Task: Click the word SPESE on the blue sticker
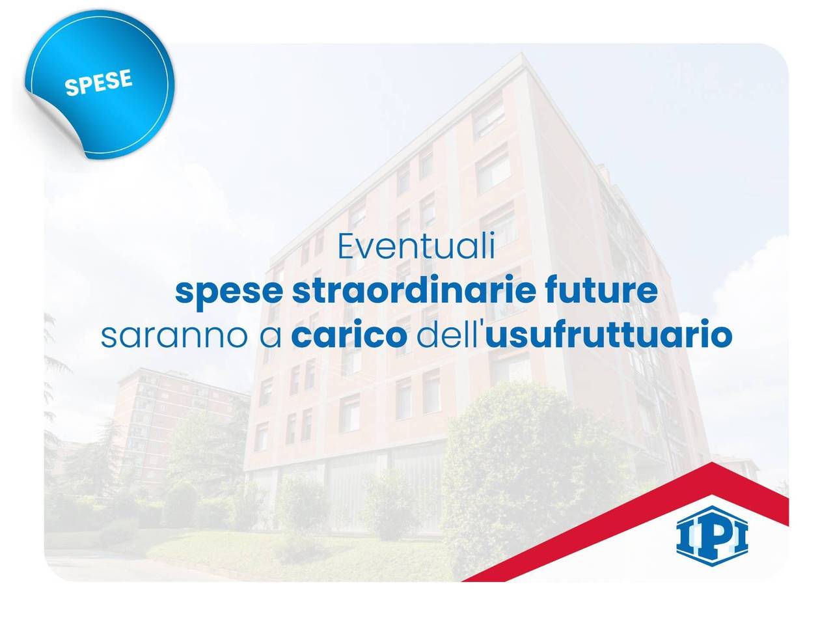click(99, 83)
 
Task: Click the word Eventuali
click(416, 249)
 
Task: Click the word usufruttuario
click(608, 336)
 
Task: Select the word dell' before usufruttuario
click(449, 336)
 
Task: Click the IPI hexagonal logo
click(711, 533)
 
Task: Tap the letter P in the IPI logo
click(711, 534)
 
